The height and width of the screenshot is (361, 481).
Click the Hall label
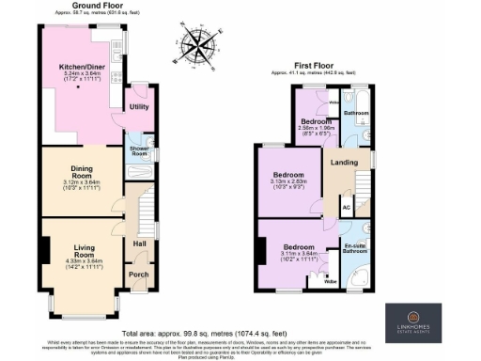point(139,243)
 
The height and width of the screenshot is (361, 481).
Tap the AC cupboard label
point(346,208)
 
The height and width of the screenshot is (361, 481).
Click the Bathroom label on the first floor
point(356,113)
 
